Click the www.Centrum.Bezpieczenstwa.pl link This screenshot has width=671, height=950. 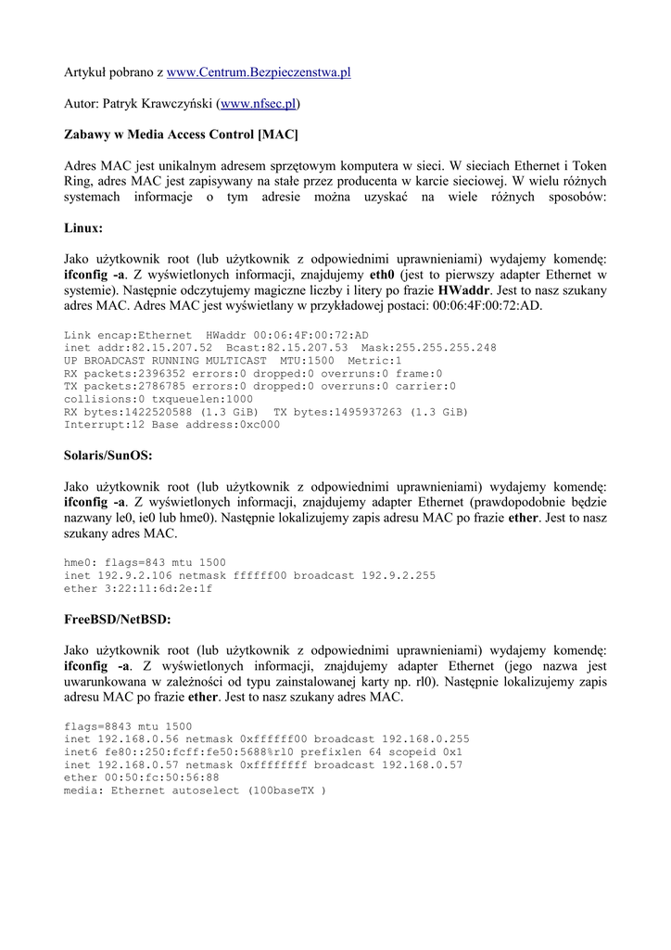pyautogui.click(x=259, y=71)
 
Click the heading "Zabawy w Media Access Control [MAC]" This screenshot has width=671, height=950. pyautogui.click(x=181, y=135)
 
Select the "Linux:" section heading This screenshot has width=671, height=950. pyautogui.click(x=83, y=227)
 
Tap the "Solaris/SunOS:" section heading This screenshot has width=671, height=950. pyautogui.click(x=108, y=456)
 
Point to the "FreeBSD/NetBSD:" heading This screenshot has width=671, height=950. pyautogui.click(x=118, y=619)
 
